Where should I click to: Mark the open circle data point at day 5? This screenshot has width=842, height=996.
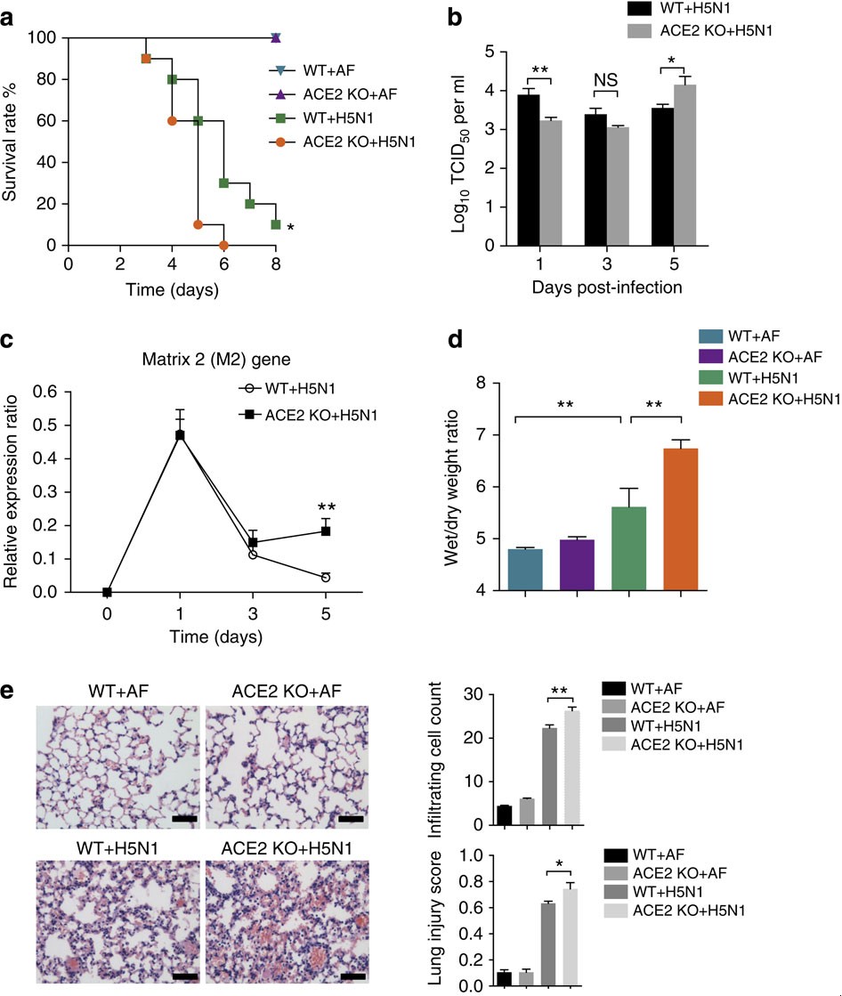tap(326, 578)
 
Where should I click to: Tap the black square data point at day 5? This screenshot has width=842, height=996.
tap(326, 531)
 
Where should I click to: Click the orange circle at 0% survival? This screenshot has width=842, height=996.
tap(223, 245)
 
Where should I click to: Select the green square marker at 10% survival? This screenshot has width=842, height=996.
tap(276, 224)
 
